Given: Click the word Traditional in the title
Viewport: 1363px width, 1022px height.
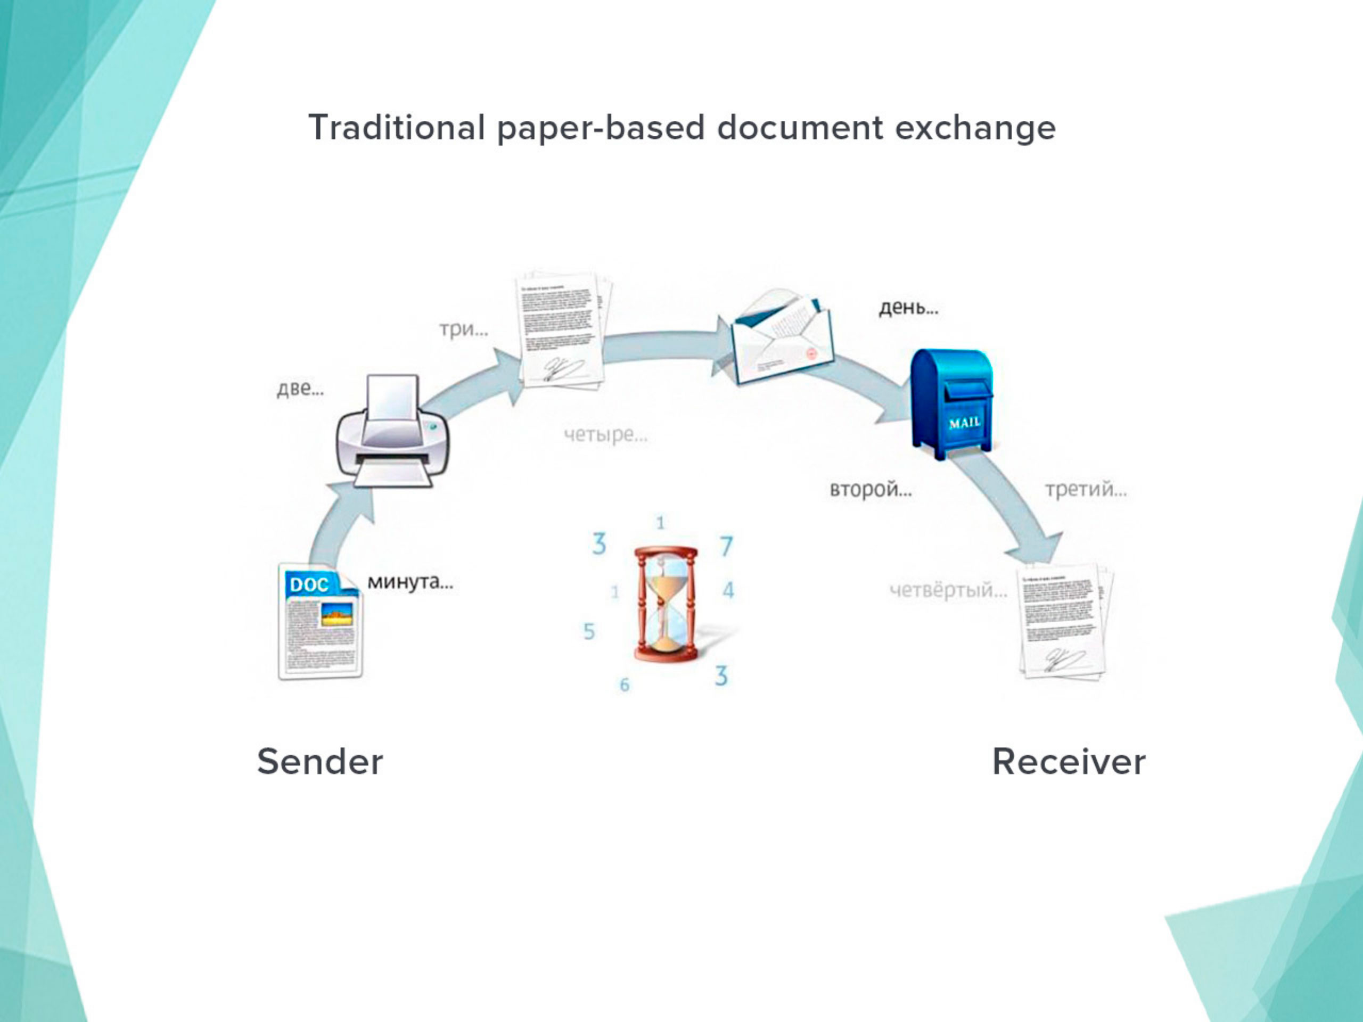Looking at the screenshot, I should click(396, 128).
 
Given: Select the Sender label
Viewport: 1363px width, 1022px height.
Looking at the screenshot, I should click(320, 761).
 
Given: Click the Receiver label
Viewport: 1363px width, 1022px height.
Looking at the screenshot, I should click(1069, 761).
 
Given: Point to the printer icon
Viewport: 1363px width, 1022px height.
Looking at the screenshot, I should click(392, 431).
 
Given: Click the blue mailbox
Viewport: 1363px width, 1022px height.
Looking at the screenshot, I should click(952, 403).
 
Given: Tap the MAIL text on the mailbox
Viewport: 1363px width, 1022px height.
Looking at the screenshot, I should click(964, 423).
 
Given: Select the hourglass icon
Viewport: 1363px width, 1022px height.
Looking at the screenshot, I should click(666, 604).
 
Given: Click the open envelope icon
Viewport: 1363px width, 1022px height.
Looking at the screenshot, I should click(781, 337).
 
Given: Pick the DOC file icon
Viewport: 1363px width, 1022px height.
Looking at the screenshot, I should click(321, 621).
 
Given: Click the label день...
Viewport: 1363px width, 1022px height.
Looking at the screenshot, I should click(908, 307).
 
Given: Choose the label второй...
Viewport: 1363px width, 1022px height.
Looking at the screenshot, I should click(870, 490).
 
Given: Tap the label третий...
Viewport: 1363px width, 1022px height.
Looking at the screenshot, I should click(1085, 490).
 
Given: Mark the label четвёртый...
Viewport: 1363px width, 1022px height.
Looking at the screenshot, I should click(948, 590).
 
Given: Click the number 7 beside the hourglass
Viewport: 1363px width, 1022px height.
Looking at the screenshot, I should click(726, 546).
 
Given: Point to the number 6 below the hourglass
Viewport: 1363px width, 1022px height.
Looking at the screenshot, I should click(624, 685).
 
